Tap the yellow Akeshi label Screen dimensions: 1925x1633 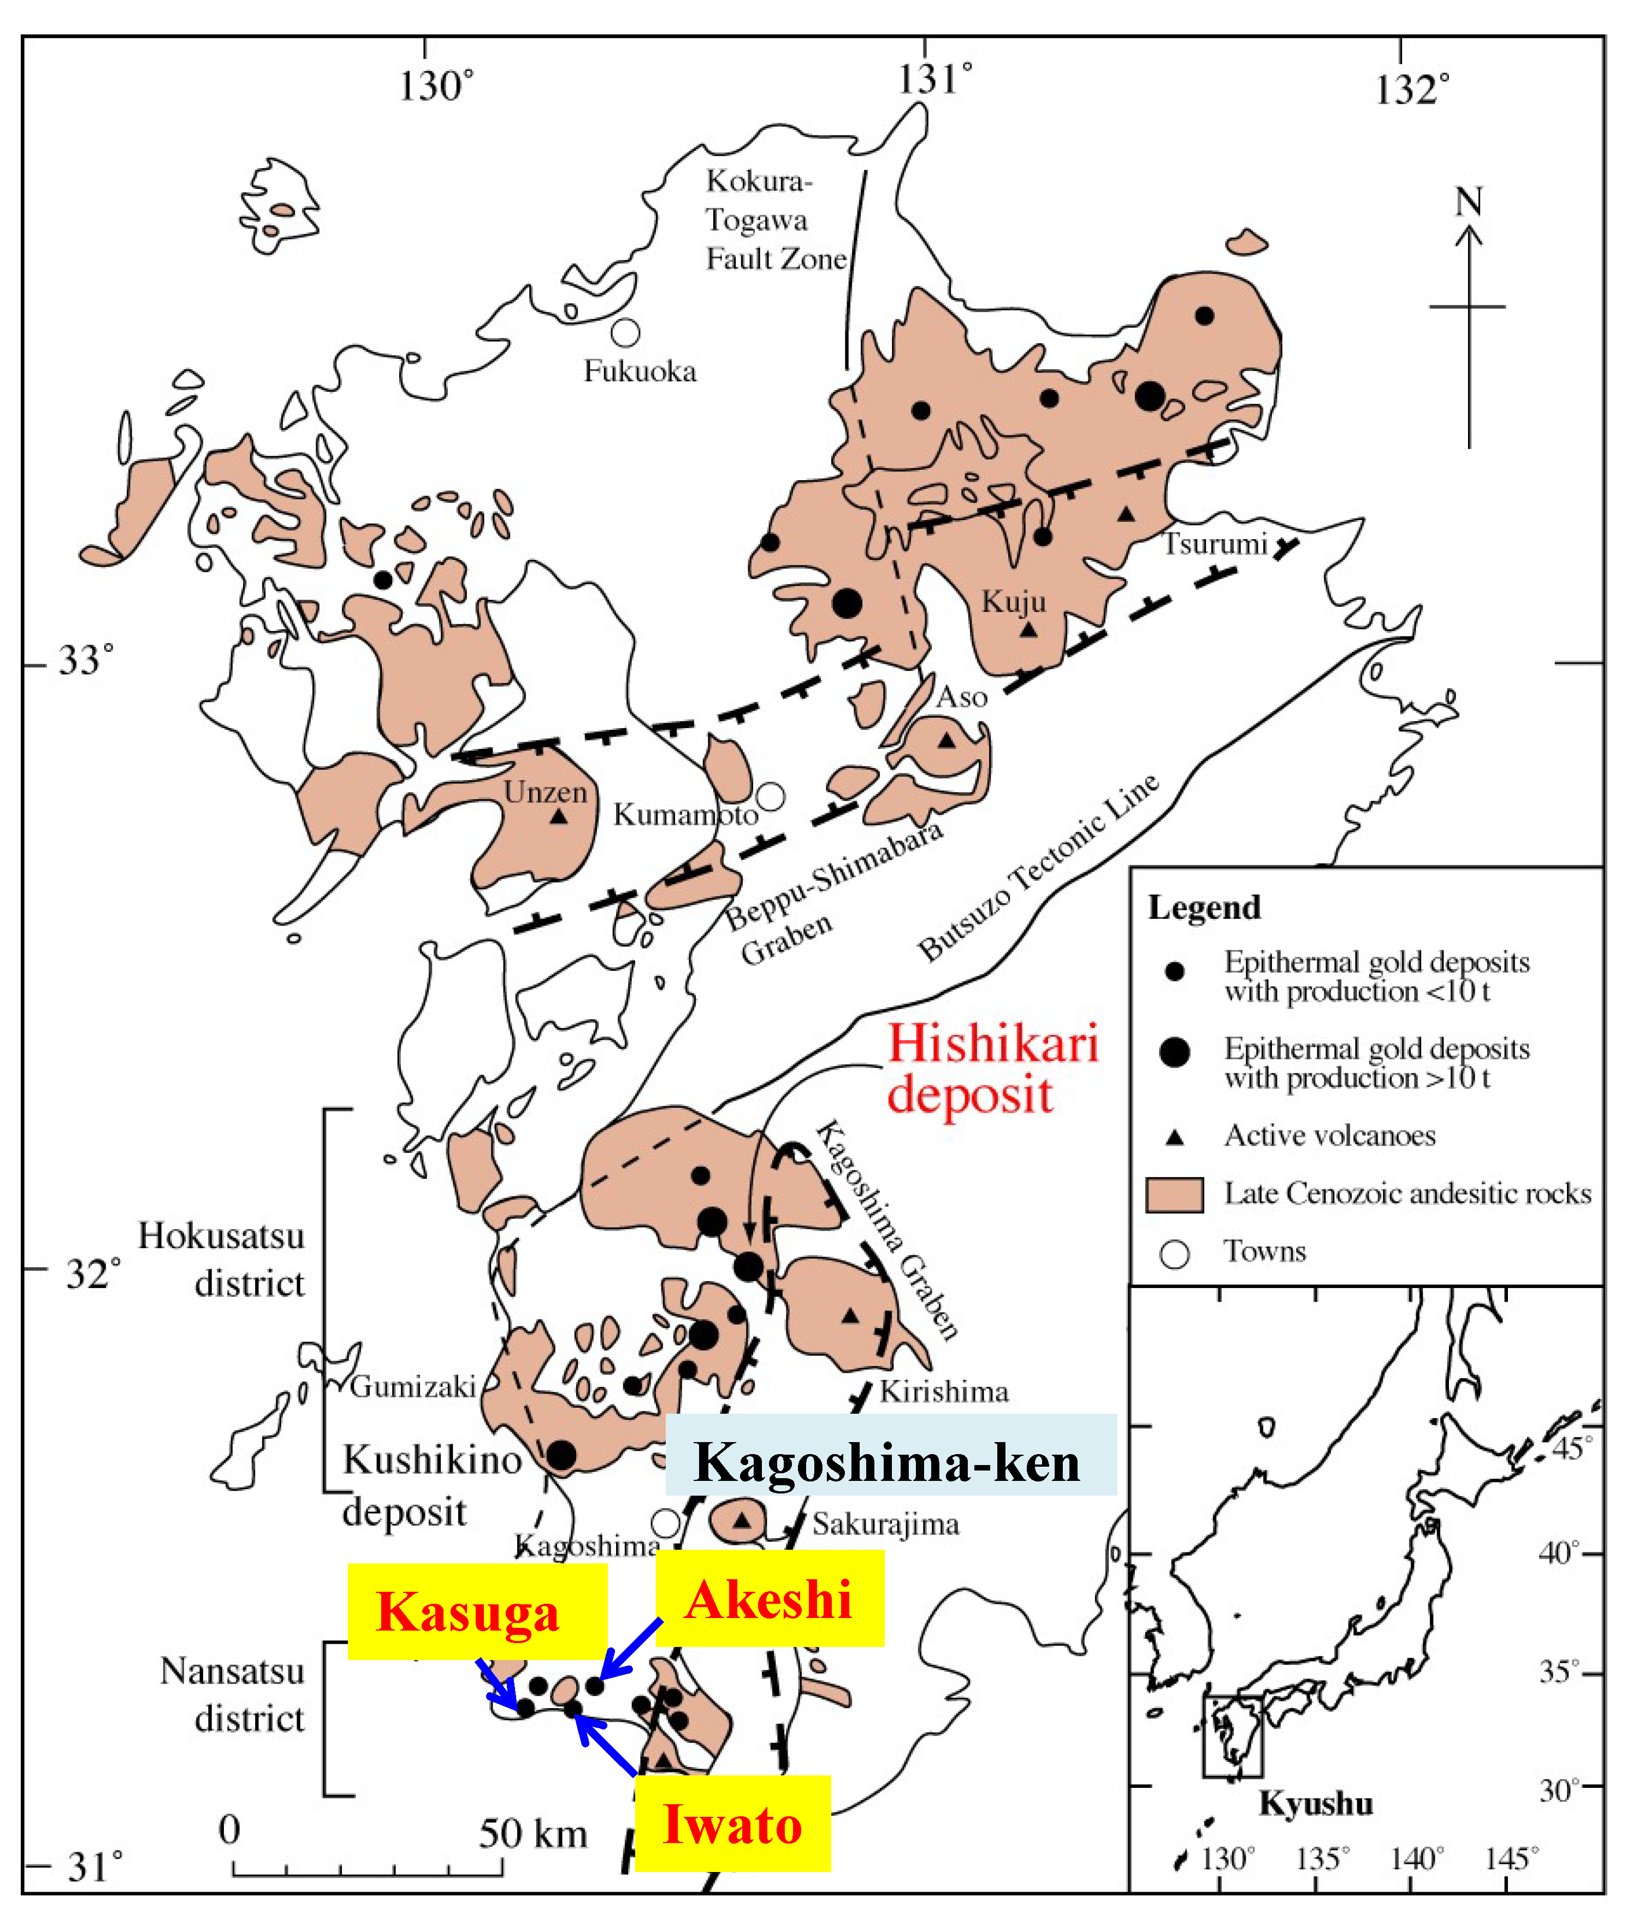(770, 1598)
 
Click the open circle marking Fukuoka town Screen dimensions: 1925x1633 (626, 333)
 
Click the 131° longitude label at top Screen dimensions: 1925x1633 (935, 80)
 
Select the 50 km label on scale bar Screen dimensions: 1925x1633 (533, 1833)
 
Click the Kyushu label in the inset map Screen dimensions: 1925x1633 (1316, 1803)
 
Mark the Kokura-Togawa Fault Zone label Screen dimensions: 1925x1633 (776, 220)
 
